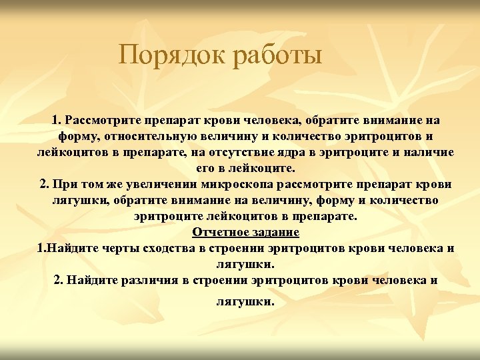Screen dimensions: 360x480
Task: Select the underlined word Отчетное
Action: pos(219,232)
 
